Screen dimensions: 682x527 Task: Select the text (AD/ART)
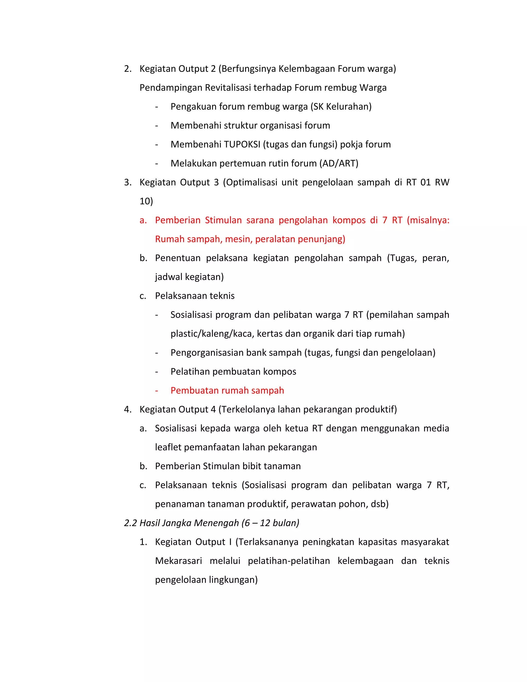339,163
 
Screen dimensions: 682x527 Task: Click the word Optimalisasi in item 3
252,182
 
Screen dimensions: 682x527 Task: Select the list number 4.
127,409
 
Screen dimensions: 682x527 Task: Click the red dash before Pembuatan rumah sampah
157,391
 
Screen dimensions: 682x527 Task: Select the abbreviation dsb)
380,504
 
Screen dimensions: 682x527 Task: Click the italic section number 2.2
130,523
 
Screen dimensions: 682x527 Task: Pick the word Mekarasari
178,561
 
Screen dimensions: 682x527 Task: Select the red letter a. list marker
143,220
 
